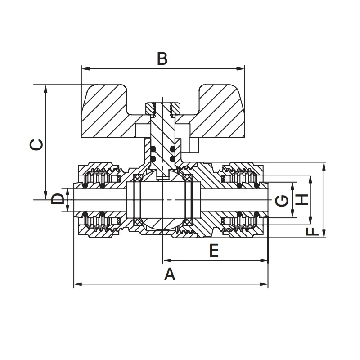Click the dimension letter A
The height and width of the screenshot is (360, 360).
tap(169, 274)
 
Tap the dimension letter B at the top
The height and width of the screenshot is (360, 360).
tap(162, 59)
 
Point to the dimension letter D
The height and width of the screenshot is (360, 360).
tap(58, 199)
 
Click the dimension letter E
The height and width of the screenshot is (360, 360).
tap(214, 250)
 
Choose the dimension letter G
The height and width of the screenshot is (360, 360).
tap(282, 199)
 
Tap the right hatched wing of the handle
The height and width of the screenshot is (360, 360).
tap(220, 112)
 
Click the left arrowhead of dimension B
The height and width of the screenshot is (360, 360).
tap(84, 69)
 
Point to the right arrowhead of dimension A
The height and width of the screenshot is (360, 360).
tap(265, 284)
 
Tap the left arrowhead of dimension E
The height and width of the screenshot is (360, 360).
tap(166, 260)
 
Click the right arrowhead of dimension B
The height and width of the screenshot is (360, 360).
tap(242, 69)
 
